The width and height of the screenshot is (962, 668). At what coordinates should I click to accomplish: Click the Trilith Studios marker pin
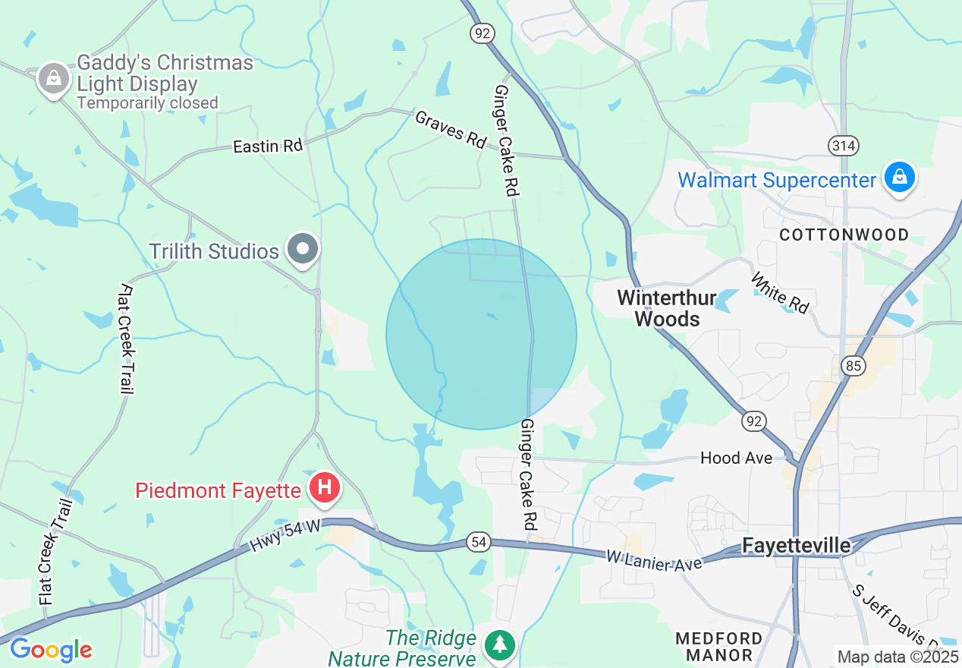[303, 250]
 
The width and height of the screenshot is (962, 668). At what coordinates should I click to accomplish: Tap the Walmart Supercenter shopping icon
[899, 178]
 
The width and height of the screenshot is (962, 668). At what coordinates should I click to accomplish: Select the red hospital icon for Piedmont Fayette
[325, 487]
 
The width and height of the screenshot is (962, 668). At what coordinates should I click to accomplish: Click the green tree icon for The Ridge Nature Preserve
[500, 644]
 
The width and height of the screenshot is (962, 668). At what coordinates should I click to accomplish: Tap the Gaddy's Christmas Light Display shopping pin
[54, 78]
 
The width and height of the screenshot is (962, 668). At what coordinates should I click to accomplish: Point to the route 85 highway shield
[854, 366]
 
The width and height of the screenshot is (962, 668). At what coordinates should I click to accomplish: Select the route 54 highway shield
[479, 542]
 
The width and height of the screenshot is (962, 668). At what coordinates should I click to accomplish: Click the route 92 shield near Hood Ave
[755, 421]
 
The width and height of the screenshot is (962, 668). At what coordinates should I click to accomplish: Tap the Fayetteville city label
[796, 545]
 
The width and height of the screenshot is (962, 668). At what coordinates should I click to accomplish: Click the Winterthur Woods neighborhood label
[666, 307]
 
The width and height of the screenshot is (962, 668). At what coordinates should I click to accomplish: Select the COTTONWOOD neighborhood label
[844, 235]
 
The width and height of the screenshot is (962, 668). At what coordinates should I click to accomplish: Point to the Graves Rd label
[450, 129]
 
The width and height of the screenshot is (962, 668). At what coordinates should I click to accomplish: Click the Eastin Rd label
[267, 146]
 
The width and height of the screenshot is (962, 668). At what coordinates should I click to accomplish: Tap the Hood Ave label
[736, 458]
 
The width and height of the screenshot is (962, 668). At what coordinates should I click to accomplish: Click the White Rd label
[779, 292]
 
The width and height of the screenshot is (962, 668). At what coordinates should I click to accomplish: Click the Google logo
[51, 650]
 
